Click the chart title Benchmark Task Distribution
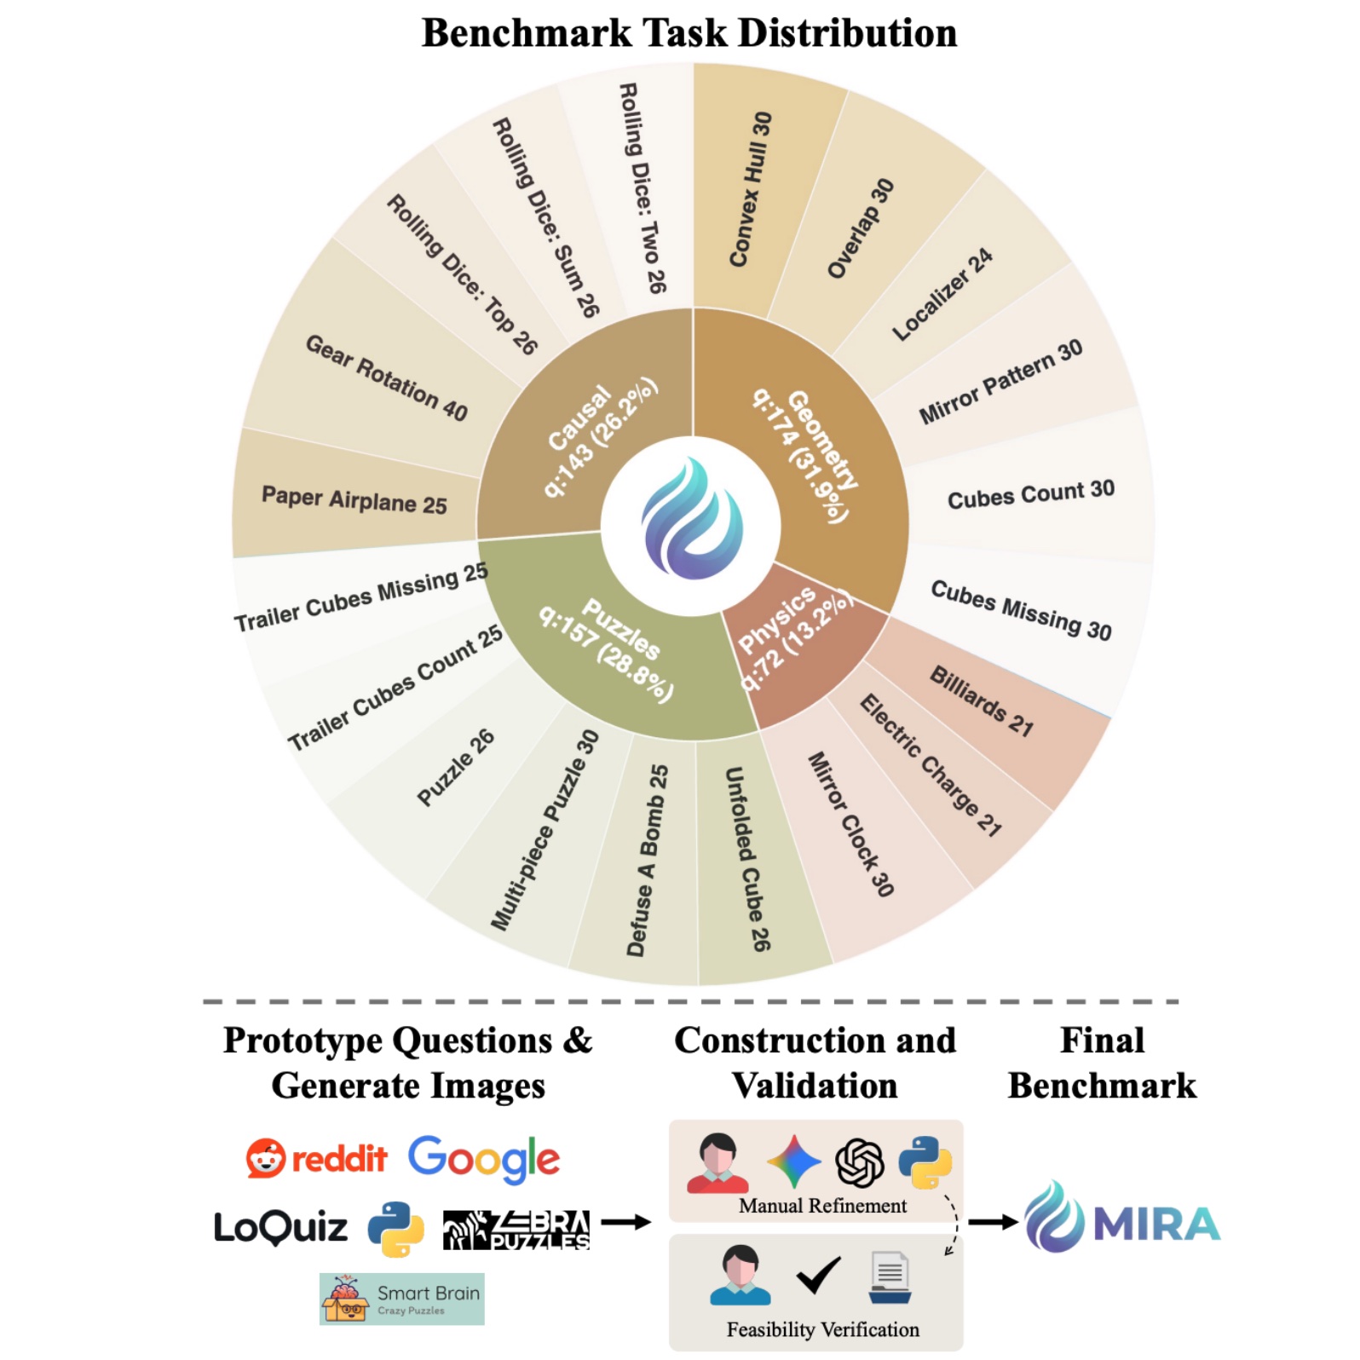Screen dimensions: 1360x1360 [x=689, y=34]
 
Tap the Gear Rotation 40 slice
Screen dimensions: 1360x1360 [x=386, y=377]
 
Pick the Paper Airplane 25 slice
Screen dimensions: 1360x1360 [x=354, y=499]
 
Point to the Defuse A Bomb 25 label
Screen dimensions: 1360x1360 [x=648, y=861]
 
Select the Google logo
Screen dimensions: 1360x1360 [x=484, y=1159]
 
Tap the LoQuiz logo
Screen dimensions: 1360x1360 [x=280, y=1228]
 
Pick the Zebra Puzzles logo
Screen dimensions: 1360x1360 [x=516, y=1230]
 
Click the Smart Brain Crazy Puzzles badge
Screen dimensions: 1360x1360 [x=402, y=1299]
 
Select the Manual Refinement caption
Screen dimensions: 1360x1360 [x=822, y=1207]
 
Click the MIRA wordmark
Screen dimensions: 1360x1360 [x=1156, y=1225]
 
